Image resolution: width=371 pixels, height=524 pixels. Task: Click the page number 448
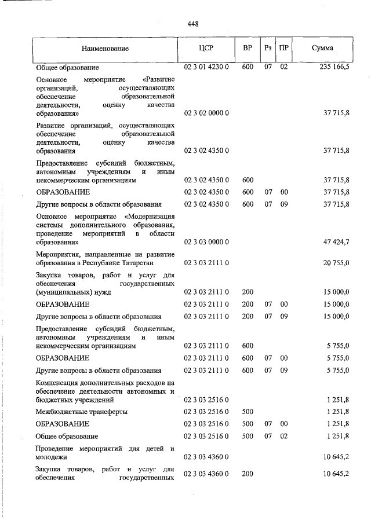coord(193,24)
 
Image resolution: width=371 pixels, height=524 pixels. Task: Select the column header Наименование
coord(105,48)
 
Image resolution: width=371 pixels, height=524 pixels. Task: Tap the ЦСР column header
coord(207,48)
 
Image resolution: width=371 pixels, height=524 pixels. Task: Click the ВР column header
coord(248,48)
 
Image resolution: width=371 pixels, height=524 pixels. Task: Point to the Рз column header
coord(268,48)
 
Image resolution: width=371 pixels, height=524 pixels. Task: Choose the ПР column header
coord(283,48)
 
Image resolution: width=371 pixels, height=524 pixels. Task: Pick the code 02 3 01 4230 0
coord(207,68)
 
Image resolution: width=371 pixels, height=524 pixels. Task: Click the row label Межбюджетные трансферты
coord(82,412)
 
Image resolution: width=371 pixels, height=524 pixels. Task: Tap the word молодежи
coord(52,457)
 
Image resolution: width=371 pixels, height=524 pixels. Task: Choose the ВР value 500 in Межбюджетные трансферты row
coord(248,412)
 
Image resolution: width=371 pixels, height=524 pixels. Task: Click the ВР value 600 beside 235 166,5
coord(248,68)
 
